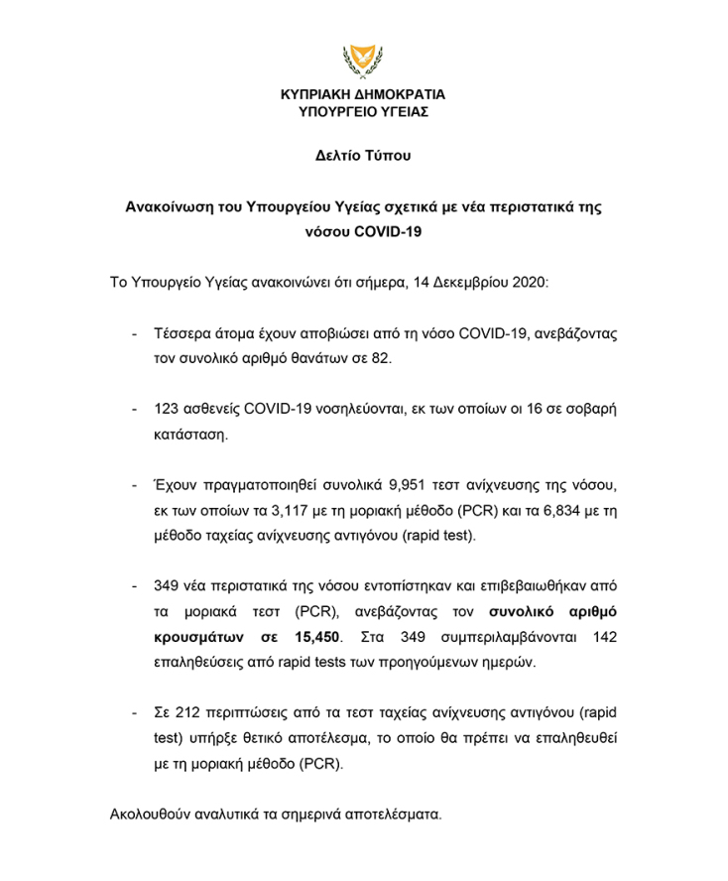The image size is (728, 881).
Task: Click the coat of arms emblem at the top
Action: pos(363,61)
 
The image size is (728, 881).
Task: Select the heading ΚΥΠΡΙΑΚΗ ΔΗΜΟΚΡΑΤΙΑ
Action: pos(363,95)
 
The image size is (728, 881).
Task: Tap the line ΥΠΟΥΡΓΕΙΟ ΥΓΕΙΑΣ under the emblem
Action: pos(363,113)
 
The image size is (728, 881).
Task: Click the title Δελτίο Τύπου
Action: pos(363,156)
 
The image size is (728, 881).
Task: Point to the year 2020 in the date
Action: pos(541,282)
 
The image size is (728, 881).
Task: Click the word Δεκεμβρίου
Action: pos(472,282)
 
